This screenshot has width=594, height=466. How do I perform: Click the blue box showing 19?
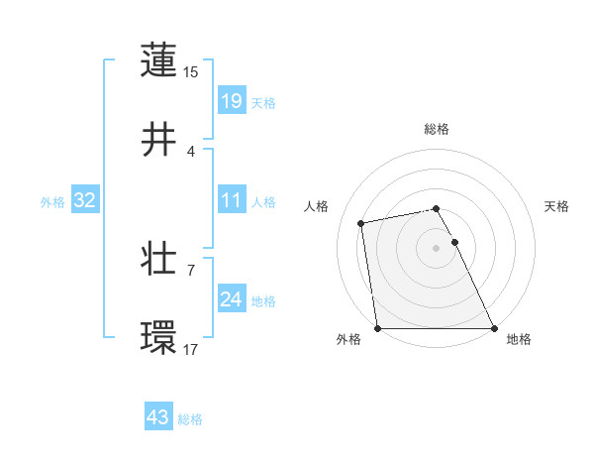point(231,100)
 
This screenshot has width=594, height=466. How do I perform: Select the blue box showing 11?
point(231,201)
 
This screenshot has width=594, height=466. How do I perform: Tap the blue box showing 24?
point(231,299)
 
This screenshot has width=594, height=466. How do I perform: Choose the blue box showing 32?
point(85,201)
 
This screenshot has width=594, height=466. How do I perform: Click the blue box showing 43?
point(157,417)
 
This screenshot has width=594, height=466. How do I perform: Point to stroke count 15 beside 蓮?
point(191,71)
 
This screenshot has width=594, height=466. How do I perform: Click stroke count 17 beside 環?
point(191,349)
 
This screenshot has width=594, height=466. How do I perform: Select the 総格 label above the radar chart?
point(437,129)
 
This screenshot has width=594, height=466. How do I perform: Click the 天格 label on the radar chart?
point(557,206)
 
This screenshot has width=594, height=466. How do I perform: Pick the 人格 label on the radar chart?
point(317,206)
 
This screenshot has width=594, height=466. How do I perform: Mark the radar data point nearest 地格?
point(494,327)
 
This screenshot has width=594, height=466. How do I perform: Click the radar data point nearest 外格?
point(378,327)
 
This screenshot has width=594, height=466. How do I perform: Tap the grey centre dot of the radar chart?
point(437,247)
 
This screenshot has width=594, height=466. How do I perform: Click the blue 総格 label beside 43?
point(190,419)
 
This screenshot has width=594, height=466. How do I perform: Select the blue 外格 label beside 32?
point(52,202)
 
